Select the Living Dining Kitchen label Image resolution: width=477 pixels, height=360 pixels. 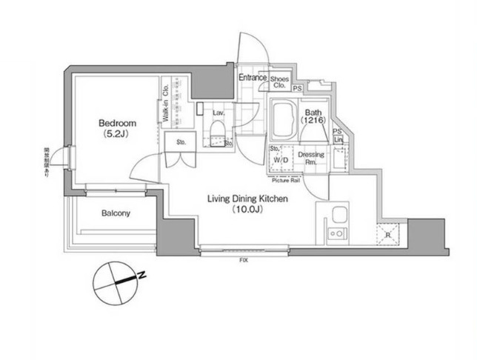pos(247,199)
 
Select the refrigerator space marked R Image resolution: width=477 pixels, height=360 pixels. pos(389,236)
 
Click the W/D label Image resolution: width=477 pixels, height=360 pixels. pos(281,159)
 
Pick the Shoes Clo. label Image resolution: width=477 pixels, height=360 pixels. pos(279,81)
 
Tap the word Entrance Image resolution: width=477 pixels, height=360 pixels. pos(253,77)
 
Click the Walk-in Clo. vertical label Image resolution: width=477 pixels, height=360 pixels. pos(167,104)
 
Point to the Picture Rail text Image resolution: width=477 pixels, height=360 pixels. pos(285,180)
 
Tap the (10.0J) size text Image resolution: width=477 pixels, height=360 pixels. pos(247,210)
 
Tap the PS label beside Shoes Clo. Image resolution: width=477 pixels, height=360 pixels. pos(297,89)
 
